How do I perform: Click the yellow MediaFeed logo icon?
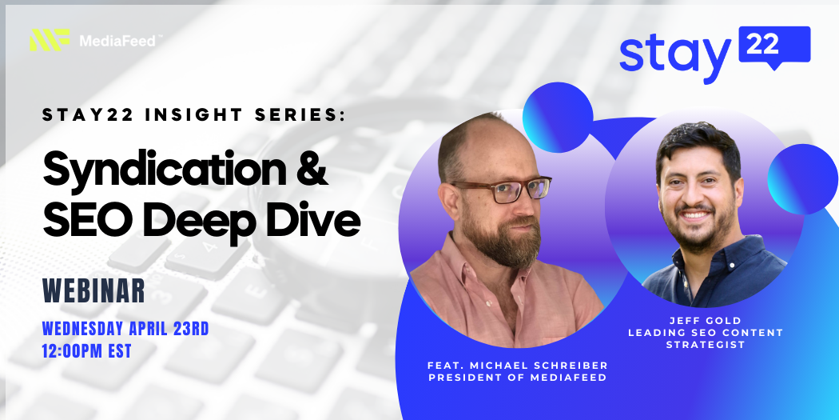pyautogui.click(x=50, y=40)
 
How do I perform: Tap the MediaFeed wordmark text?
pyautogui.click(x=117, y=40)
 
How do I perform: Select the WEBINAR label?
pyautogui.click(x=94, y=291)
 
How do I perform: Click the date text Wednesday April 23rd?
pyautogui.click(x=125, y=328)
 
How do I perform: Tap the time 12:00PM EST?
pyautogui.click(x=86, y=351)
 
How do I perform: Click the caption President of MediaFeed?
pyautogui.click(x=518, y=377)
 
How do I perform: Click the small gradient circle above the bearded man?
pyautogui.click(x=558, y=118)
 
